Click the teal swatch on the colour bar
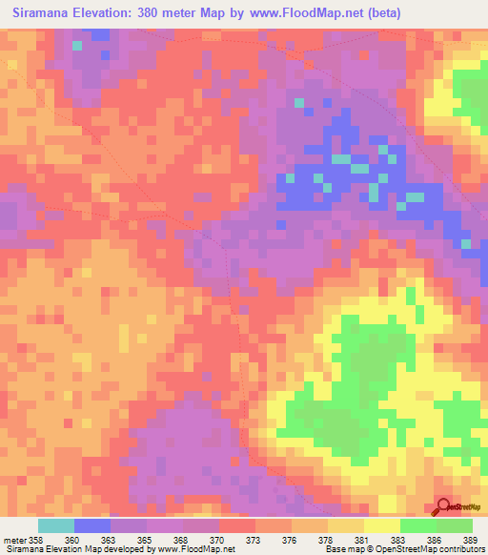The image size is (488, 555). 56,525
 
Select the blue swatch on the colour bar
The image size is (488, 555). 92,525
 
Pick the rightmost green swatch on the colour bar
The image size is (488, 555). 454,525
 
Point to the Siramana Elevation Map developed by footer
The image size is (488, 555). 75,549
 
